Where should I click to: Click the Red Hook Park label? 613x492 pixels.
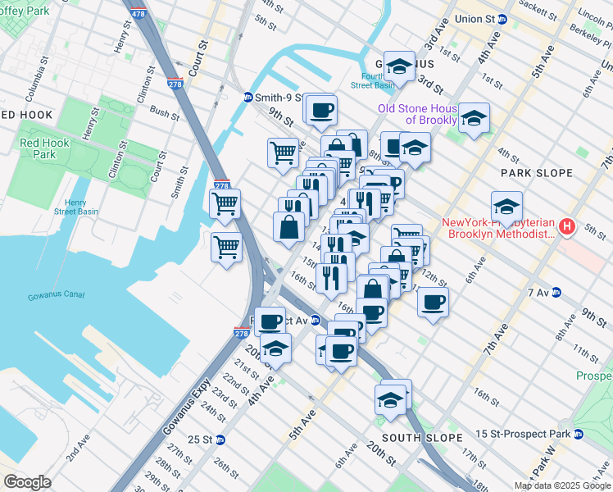38,148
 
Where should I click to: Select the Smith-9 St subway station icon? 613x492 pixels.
248,98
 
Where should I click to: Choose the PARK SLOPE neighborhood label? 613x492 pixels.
529,173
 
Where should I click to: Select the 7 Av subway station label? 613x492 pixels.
538,292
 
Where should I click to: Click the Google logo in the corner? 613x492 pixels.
27,481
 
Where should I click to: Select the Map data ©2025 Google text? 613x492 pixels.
562,485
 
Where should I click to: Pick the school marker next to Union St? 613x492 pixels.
399,66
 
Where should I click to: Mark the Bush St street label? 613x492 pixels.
164,112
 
